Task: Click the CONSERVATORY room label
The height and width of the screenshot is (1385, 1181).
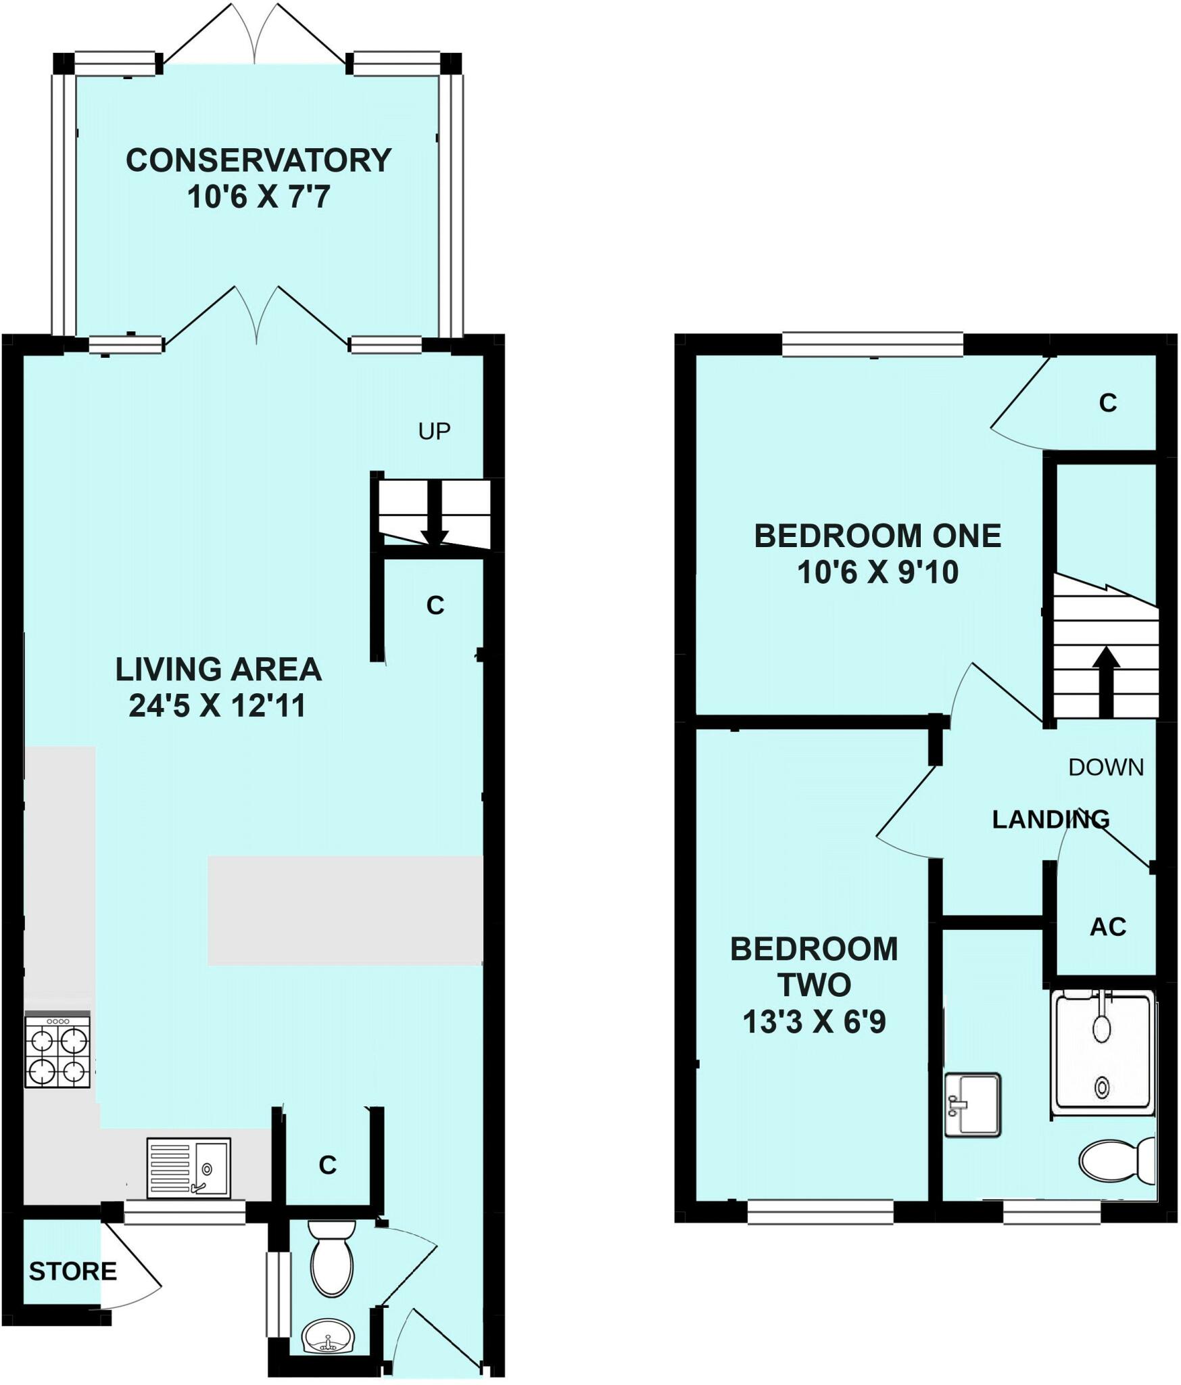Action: click(x=258, y=161)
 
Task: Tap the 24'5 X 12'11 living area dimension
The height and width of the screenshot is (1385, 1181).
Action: click(x=218, y=706)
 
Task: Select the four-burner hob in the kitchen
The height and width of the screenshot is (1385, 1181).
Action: click(x=57, y=1052)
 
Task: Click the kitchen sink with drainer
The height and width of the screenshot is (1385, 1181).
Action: click(x=189, y=1168)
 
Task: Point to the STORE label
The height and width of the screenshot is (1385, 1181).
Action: click(x=73, y=1272)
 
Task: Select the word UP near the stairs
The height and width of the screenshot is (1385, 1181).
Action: click(x=434, y=431)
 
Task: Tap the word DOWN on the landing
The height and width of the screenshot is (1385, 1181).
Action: click(x=1106, y=767)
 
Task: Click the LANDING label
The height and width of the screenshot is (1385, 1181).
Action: click(x=1051, y=820)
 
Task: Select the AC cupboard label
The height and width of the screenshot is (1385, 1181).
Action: click(x=1108, y=927)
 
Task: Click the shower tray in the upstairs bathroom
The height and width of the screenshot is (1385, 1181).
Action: click(x=1102, y=1052)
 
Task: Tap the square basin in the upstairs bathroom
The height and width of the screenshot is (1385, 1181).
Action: click(x=972, y=1105)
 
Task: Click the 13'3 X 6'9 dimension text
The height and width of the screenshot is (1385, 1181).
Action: click(x=814, y=1022)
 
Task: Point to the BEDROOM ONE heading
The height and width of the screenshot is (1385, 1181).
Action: click(x=877, y=536)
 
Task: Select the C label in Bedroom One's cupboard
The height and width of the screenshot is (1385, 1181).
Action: click(x=1108, y=403)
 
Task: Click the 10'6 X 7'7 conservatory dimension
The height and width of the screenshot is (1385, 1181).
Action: click(x=258, y=197)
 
